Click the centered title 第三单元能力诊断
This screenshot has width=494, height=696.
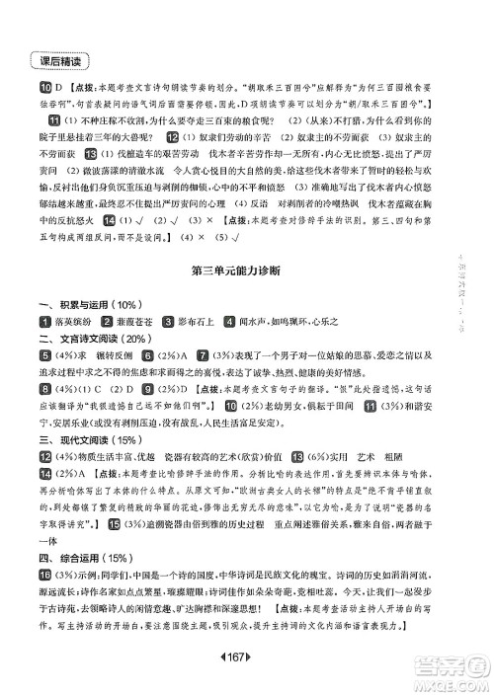(233, 269)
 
